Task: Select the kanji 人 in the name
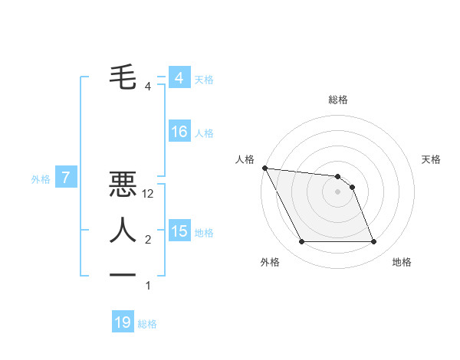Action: [123, 231]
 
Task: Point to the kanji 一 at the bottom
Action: [123, 275]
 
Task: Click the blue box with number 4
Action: [179, 78]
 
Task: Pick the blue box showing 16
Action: [179, 132]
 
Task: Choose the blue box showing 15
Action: [179, 231]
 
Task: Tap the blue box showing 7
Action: [66, 178]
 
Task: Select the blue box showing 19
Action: [123, 322]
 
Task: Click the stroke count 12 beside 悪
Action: [149, 195]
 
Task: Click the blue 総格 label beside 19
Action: [147, 324]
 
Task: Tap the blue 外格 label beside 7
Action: [41, 179]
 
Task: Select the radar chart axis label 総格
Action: [338, 100]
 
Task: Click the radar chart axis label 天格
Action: [431, 159]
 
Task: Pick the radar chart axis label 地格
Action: [402, 262]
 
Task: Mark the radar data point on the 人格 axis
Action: [264, 168]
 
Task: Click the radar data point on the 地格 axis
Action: [374, 242]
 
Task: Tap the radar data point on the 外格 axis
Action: [301, 242]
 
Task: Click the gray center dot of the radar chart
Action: [338, 191]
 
